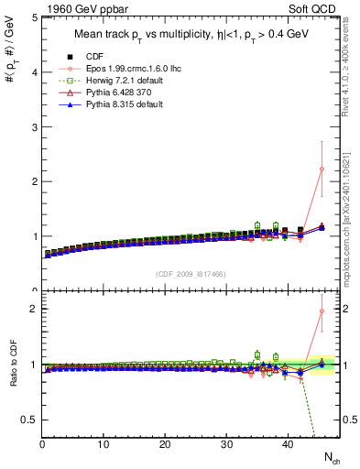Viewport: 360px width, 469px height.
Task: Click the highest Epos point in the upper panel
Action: [x=322, y=169]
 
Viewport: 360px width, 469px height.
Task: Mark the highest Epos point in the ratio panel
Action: [x=322, y=311]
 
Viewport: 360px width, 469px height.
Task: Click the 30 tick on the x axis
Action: [x=226, y=444]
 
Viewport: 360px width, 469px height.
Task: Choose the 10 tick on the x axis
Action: [x=104, y=444]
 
